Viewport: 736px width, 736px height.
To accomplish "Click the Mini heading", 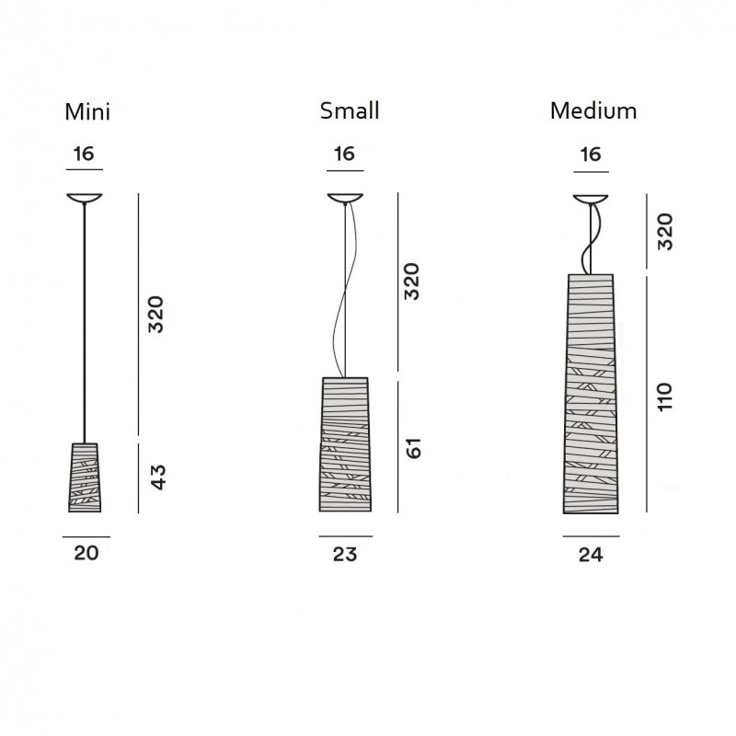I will tap(87, 112).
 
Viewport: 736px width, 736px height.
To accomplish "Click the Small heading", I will tap(350, 111).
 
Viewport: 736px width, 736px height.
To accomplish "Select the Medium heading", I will tap(593, 111).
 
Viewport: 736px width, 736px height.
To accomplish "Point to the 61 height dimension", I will tap(414, 448).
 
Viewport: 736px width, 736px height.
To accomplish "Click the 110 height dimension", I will tap(665, 396).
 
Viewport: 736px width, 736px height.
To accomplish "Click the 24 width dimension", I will tap(591, 554).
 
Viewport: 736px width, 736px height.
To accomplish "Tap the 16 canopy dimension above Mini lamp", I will tap(84, 154).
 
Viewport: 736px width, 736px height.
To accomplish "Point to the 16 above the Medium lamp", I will tap(591, 154).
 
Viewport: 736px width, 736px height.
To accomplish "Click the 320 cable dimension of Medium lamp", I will tap(665, 232).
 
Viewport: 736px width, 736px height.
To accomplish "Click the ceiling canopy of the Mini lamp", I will tap(84, 198).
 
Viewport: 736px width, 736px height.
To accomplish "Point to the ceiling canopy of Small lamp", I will tap(345, 198).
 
